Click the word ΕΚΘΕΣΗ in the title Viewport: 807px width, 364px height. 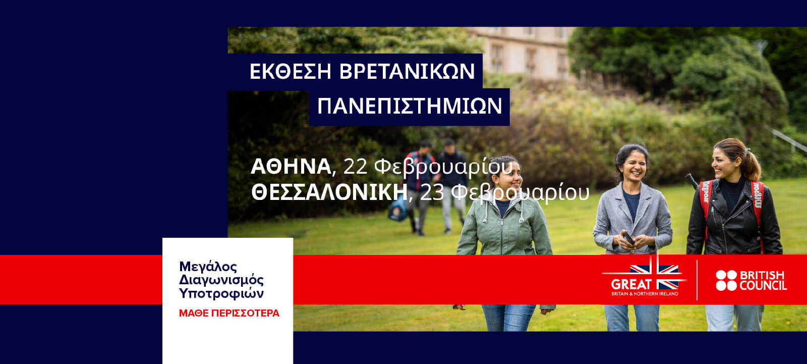click(x=290, y=71)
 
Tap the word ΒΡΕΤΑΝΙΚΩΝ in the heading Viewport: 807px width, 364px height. click(x=407, y=71)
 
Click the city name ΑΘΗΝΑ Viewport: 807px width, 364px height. click(x=291, y=167)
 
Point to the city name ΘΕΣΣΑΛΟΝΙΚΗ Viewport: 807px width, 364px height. click(x=329, y=193)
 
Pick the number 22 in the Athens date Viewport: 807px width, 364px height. click(x=355, y=167)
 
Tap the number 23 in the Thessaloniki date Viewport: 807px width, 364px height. click(x=432, y=193)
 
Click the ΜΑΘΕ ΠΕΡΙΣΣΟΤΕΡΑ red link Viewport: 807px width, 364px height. click(x=229, y=313)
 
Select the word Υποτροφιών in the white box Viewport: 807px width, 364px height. click(x=221, y=293)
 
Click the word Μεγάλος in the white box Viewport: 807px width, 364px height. click(x=208, y=267)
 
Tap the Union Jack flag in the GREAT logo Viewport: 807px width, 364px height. click(x=654, y=277)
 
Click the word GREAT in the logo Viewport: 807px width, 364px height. click(x=631, y=284)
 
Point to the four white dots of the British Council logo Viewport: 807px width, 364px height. click(x=726, y=280)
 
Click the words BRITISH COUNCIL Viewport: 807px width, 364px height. click(x=763, y=280)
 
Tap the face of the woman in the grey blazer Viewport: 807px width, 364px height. click(x=635, y=167)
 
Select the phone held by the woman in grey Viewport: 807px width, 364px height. click(x=629, y=238)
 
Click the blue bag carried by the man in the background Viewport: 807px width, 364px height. click(x=398, y=211)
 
